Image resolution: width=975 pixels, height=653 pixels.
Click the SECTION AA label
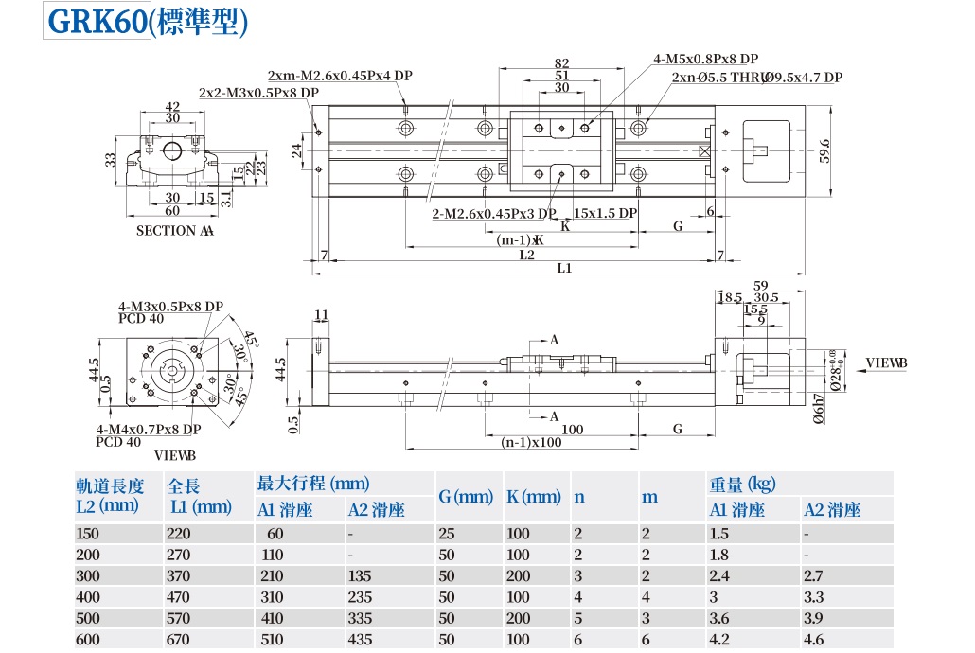pyautogui.click(x=175, y=231)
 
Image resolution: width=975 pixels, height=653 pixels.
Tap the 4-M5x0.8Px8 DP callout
pyautogui.click(x=705, y=59)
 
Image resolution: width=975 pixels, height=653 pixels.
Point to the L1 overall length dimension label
pyautogui.click(x=564, y=268)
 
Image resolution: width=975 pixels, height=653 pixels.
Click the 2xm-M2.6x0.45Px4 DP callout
pyautogui.click(x=340, y=76)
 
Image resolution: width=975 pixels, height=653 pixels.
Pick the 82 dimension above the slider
pyautogui.click(x=561, y=63)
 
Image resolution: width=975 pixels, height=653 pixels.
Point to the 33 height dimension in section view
pyautogui.click(x=110, y=160)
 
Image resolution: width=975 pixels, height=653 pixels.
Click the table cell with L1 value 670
pyautogui.click(x=179, y=640)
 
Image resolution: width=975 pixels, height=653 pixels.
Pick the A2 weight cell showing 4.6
pyautogui.click(x=816, y=640)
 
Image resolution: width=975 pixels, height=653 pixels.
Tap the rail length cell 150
pyautogui.click(x=88, y=534)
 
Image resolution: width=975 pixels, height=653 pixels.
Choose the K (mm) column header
pyautogui.click(x=533, y=497)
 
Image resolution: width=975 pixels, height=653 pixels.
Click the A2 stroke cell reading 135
pyautogui.click(x=361, y=576)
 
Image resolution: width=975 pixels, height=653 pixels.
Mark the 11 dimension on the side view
pyautogui.click(x=321, y=315)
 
